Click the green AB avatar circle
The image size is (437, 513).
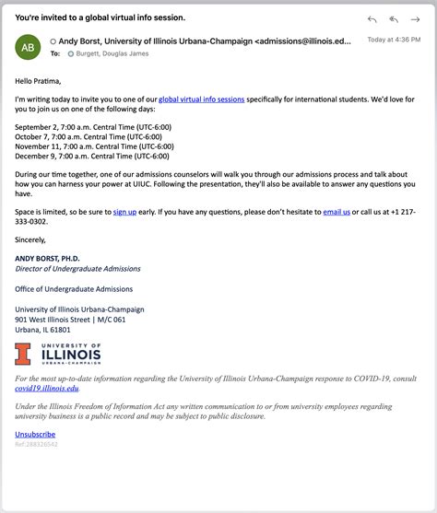coord(29,47)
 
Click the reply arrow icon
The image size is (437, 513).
coord(372,19)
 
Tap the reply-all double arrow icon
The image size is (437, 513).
coord(394,19)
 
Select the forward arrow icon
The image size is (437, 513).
coord(416,19)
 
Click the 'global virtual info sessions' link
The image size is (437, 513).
coord(202,99)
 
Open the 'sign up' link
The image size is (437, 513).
coord(124,212)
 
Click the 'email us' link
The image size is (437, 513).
coord(337,212)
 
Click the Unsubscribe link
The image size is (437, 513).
coord(35,434)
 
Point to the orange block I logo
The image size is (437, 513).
coord(22,354)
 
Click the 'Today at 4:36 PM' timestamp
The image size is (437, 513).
coord(395,40)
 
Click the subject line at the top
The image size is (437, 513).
coord(100,17)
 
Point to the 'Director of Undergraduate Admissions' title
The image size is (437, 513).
coord(78,269)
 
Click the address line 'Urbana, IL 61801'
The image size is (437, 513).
coord(42,330)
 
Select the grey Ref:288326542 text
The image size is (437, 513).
coord(36,444)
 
